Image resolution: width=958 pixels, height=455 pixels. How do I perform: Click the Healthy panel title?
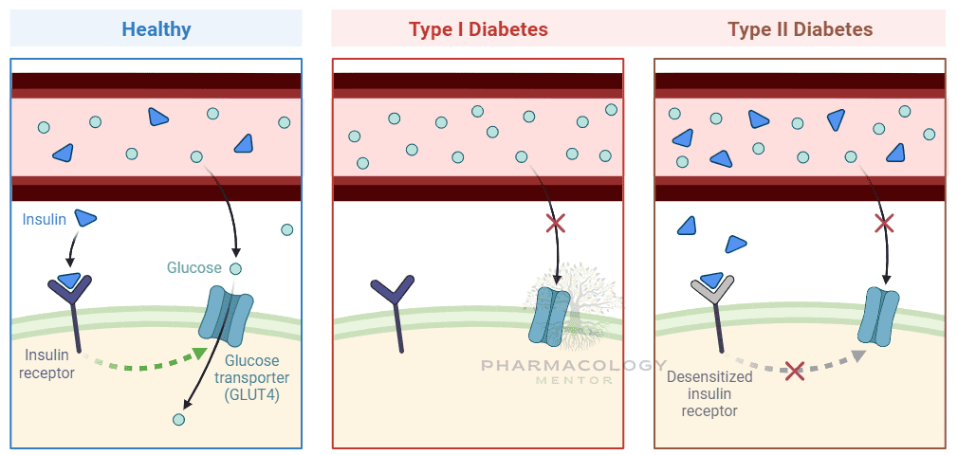pyautogui.click(x=157, y=29)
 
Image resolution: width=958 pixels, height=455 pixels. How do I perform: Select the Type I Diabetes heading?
pyautogui.click(x=478, y=29)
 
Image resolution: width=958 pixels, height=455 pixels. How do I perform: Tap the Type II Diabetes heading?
pyautogui.click(x=800, y=29)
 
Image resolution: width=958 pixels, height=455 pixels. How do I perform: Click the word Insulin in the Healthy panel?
pyautogui.click(x=45, y=220)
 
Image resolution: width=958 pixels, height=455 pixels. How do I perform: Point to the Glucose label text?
pyautogui.click(x=193, y=268)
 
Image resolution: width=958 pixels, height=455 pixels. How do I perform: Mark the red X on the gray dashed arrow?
pyautogui.click(x=795, y=370)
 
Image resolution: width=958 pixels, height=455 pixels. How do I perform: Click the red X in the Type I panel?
pyautogui.click(x=556, y=224)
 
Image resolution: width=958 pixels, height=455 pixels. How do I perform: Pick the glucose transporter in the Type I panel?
pyautogui.click(x=551, y=317)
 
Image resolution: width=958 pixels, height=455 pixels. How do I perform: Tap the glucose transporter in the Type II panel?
pyautogui.click(x=878, y=317)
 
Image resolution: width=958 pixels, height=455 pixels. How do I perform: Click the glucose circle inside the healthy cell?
pyautogui.click(x=178, y=419)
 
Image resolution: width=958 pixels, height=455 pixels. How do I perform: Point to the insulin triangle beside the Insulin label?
pyautogui.click(x=86, y=219)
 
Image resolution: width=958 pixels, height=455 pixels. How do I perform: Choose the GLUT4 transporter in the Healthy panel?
pyautogui.click(x=226, y=315)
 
